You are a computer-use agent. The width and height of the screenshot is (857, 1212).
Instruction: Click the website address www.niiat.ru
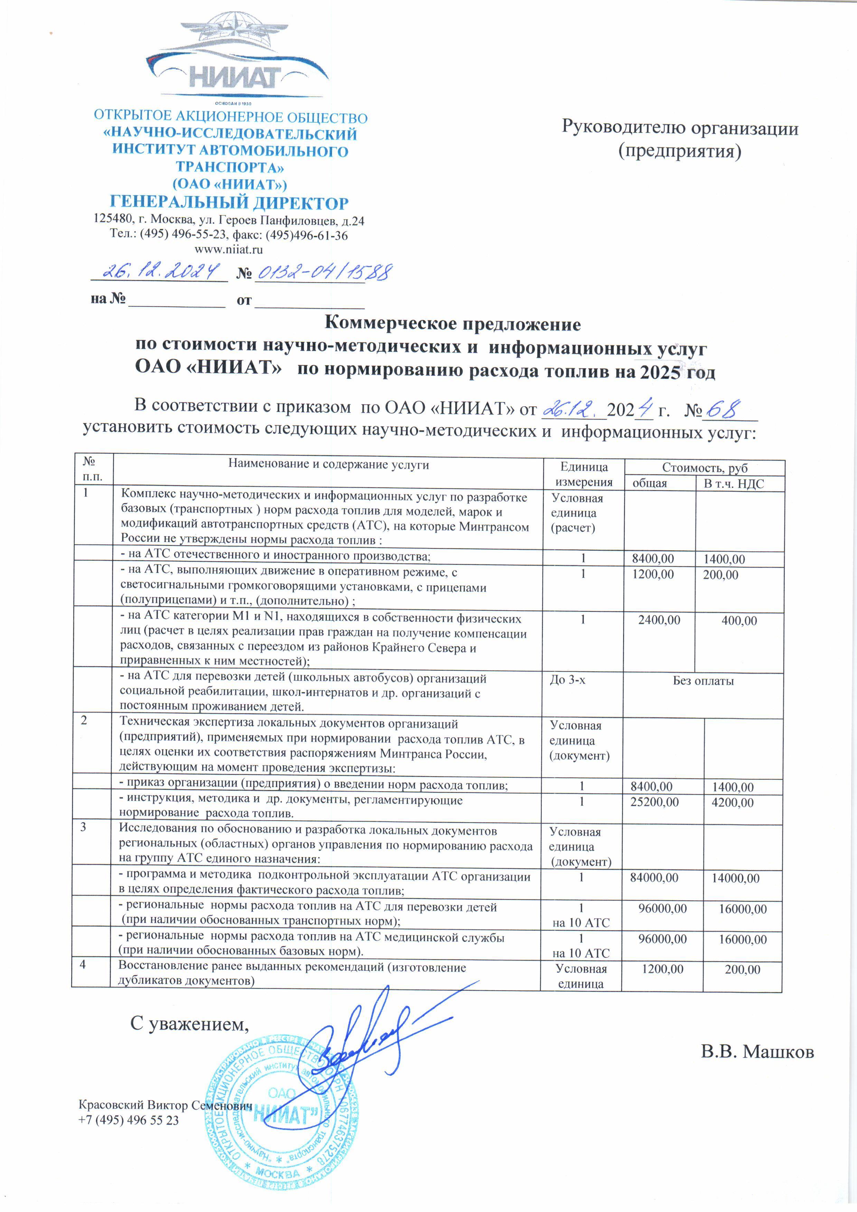229,249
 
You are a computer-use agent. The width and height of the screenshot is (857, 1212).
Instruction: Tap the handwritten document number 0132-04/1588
323,272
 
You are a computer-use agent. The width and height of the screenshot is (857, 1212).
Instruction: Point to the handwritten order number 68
724,410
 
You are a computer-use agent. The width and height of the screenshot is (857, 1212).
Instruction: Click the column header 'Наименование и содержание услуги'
328,465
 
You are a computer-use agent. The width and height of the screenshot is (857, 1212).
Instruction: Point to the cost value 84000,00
654,878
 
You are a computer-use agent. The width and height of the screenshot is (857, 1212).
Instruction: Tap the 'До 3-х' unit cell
567,680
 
